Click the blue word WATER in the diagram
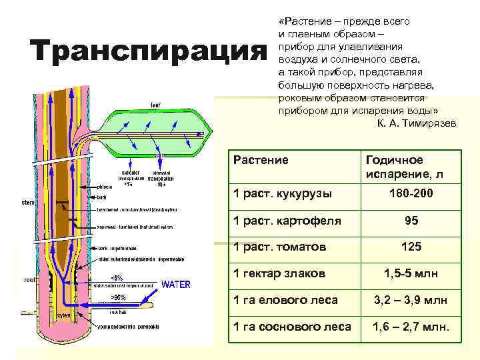(177, 285)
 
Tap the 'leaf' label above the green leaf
(155, 105)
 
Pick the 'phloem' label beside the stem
(87, 187)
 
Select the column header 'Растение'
(261, 161)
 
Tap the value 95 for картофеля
(411, 221)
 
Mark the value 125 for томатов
(411, 247)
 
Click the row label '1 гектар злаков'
(279, 274)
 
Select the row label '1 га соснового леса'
(291, 327)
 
